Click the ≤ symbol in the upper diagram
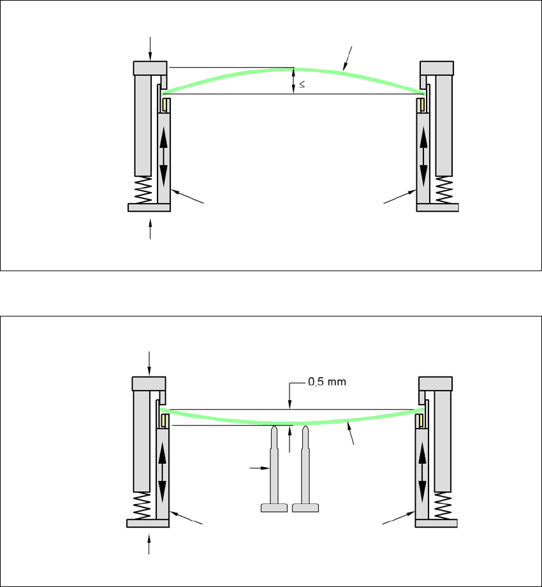(x=302, y=84)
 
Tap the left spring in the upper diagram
(x=143, y=189)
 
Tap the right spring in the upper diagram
(x=444, y=189)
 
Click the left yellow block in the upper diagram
(x=165, y=103)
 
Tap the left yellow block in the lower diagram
(x=164, y=420)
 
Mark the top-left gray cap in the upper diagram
(x=150, y=68)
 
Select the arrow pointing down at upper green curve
(x=348, y=57)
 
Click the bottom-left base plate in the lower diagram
(x=148, y=524)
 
